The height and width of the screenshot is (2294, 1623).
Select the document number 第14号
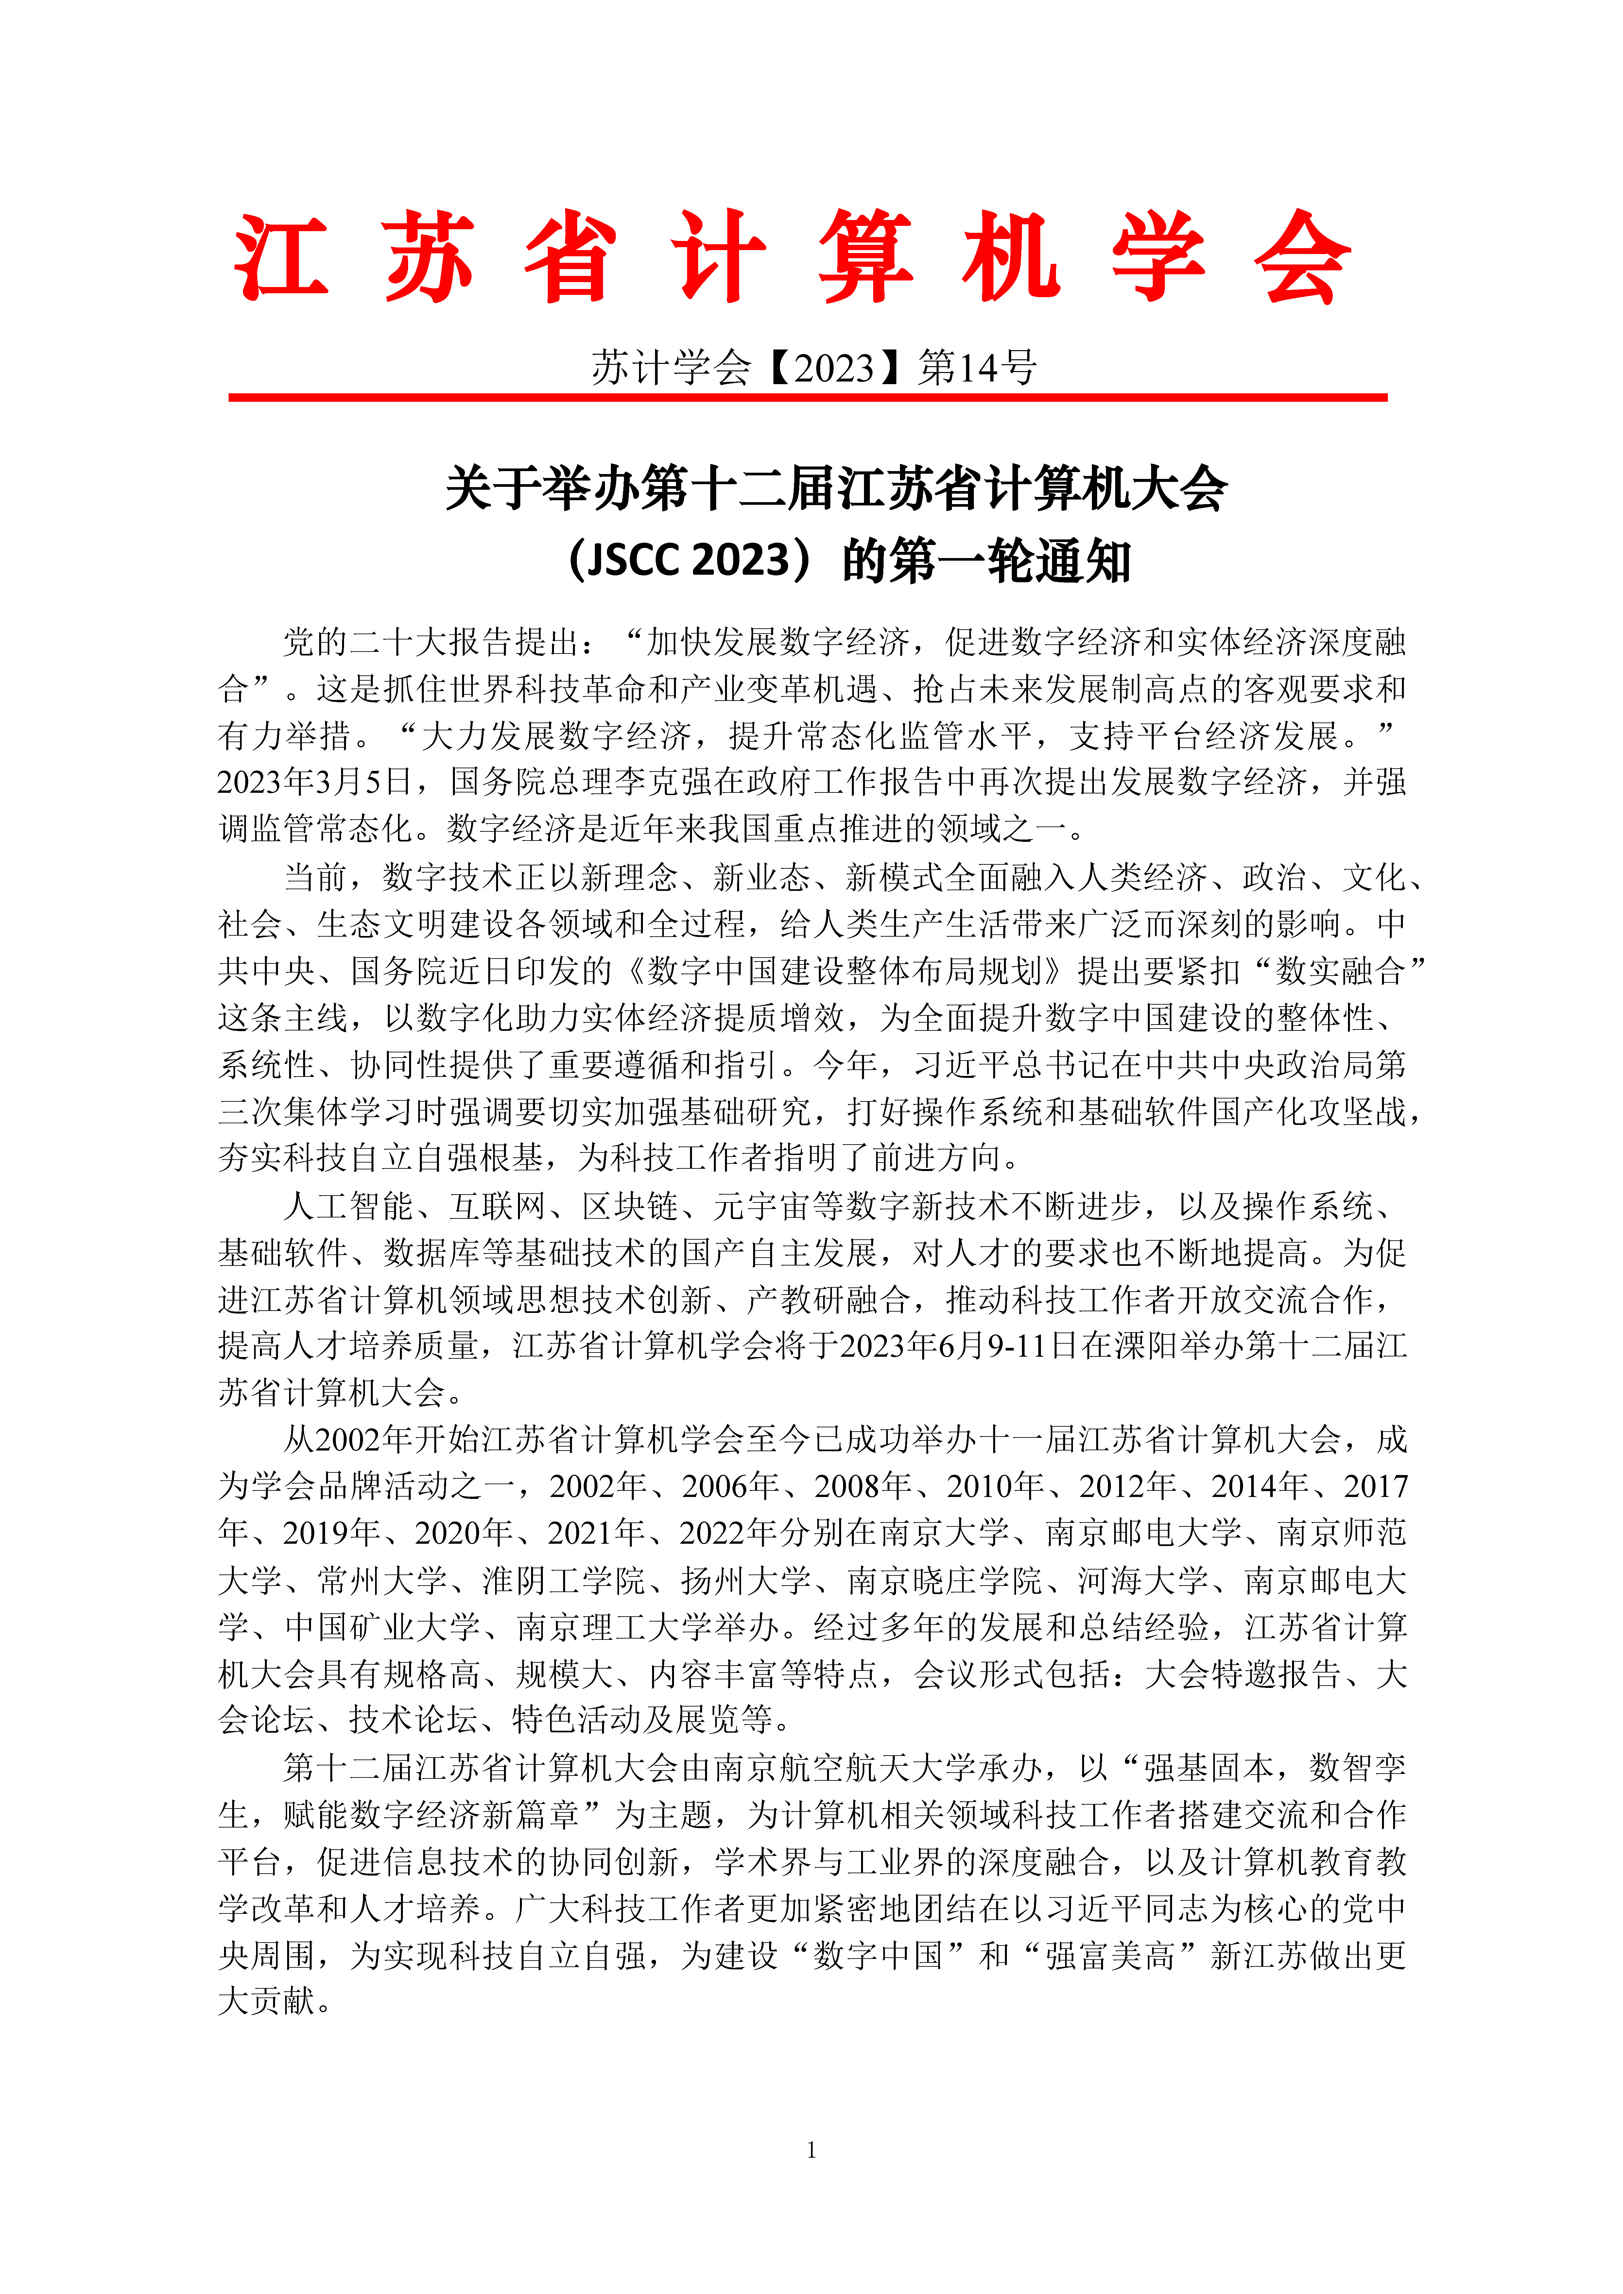pos(976,368)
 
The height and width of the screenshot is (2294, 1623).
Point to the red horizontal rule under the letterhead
pos(807,398)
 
